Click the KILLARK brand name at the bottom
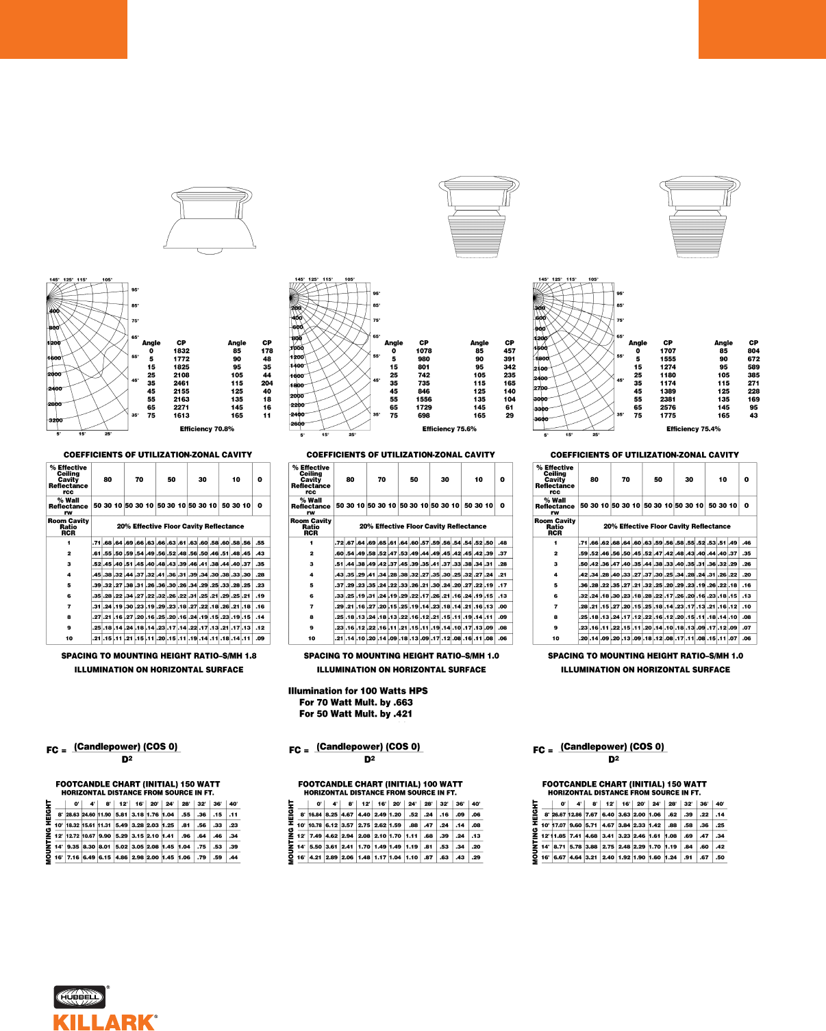pyautogui.click(x=104, y=1022)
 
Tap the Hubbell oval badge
pyautogui.click(x=79, y=997)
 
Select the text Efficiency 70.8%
pyautogui.click(x=207, y=429)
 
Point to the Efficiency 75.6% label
pyautogui.click(x=449, y=429)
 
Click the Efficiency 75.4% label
pyautogui.click(x=693, y=429)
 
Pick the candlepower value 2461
pyautogui.click(x=182, y=383)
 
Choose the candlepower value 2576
pyautogui.click(x=668, y=407)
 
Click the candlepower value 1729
pyautogui.click(x=424, y=407)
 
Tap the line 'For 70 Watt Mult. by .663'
pyautogui.click(x=355, y=702)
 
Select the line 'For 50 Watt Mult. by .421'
pyautogui.click(x=355, y=713)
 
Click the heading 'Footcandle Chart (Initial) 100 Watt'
pyautogui.click(x=380, y=784)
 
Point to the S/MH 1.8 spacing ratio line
pyautogui.click(x=159, y=656)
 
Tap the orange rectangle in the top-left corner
pyautogui.click(x=63, y=29)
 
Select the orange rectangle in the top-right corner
pyautogui.click(x=762, y=29)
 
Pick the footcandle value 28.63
pyautogui.click(x=73, y=815)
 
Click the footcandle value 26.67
pyautogui.click(x=559, y=815)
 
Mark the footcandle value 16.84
pyautogui.click(x=315, y=815)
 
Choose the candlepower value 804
pyautogui.click(x=753, y=351)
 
